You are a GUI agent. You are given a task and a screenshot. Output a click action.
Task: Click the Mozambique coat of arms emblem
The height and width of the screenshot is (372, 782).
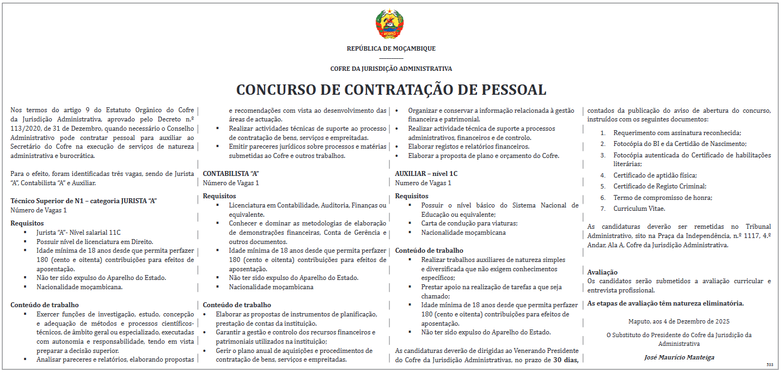390,23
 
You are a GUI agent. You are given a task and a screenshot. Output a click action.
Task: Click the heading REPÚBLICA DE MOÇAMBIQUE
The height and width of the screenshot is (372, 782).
391,48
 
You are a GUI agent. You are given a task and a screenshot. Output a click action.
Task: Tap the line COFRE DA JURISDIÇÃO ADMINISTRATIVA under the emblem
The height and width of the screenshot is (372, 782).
391,69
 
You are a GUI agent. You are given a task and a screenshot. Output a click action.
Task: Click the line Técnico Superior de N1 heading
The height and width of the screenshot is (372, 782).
84,200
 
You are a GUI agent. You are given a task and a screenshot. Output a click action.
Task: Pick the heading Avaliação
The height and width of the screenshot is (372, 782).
602,272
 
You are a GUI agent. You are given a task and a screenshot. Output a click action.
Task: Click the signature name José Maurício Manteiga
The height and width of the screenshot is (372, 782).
679,357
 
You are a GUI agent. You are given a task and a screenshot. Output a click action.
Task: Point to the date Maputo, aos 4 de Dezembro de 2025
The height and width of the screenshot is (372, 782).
679,321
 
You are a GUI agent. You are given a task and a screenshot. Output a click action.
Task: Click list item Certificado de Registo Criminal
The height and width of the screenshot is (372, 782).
659,186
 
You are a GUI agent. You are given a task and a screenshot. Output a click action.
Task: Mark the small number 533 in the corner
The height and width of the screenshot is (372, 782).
769,364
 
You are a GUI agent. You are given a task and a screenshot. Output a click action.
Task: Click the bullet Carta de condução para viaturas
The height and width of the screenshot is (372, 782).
469,223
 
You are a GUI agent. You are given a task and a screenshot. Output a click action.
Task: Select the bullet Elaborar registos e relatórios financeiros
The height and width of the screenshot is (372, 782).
468,147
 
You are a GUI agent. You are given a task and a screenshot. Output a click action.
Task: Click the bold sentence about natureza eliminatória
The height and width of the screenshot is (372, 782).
665,303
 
